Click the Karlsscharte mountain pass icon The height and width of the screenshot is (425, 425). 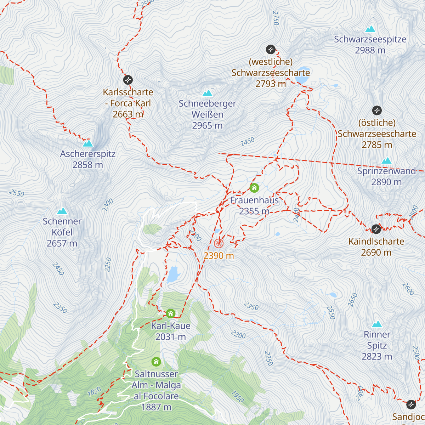coord(128,80)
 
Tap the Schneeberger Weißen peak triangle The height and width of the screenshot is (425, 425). coord(207,93)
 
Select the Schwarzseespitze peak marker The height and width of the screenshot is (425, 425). coord(370,29)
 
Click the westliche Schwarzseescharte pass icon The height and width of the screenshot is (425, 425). coord(271,49)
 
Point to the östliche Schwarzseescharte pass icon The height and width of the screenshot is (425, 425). coord(377,110)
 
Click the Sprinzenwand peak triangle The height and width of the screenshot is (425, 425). coord(386,161)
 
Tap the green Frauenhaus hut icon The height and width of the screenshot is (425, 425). coord(254,188)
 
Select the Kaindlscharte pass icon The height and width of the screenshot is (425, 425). coord(376,229)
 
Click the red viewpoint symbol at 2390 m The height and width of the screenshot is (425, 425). coord(219,243)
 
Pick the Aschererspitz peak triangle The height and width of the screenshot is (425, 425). coord(87,143)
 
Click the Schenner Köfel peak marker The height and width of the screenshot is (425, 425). coord(62,211)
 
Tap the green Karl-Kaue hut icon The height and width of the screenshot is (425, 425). coord(171,313)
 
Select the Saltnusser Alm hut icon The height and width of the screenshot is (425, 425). coord(156,362)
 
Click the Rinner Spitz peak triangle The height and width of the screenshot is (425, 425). coord(377,324)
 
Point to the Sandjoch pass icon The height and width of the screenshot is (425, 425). coord(411,404)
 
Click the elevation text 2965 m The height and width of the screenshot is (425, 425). coord(207,126)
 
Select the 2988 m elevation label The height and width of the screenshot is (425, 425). coord(370,50)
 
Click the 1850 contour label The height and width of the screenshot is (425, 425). coord(94,391)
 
